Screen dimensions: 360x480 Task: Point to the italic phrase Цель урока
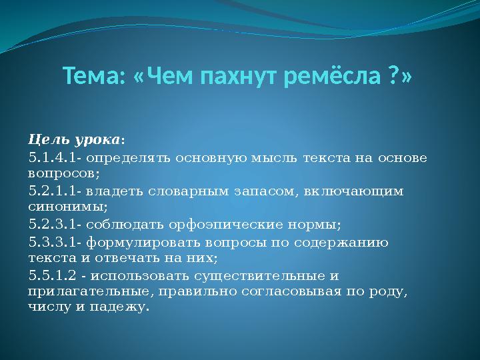[74, 141]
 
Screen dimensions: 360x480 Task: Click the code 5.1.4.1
[55, 158]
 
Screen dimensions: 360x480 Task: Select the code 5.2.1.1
[55, 191]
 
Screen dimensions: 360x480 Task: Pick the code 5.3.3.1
[55, 241]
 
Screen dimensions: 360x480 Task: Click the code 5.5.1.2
[55, 275]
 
